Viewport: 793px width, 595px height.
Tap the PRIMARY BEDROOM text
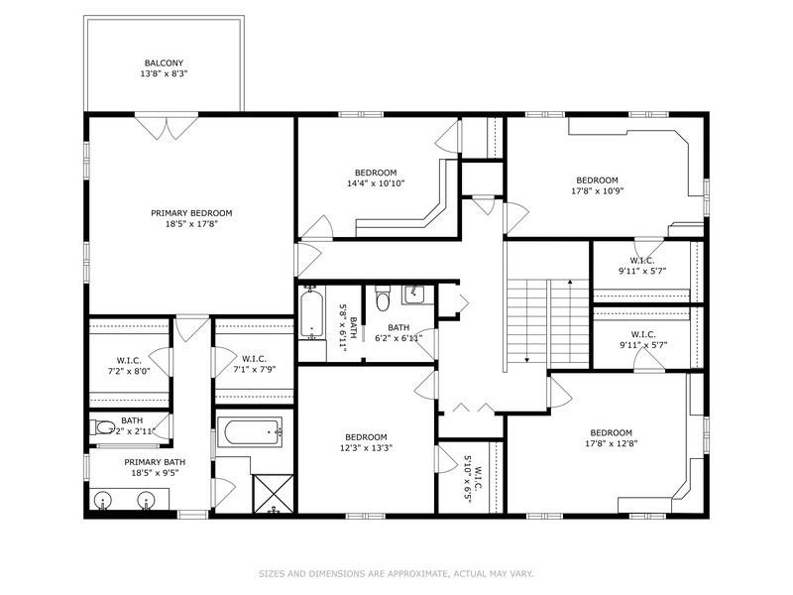pyautogui.click(x=191, y=213)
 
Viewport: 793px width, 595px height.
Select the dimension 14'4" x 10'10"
pyautogui.click(x=376, y=183)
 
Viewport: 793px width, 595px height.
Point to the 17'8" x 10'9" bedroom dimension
pyautogui.click(x=597, y=191)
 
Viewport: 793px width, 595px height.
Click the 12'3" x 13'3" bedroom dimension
pyautogui.click(x=366, y=447)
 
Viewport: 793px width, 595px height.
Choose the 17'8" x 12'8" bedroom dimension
pyautogui.click(x=611, y=443)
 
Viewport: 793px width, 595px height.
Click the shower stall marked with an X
pyautogui.click(x=274, y=494)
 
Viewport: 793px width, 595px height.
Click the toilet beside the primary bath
pyautogui.click(x=103, y=428)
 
